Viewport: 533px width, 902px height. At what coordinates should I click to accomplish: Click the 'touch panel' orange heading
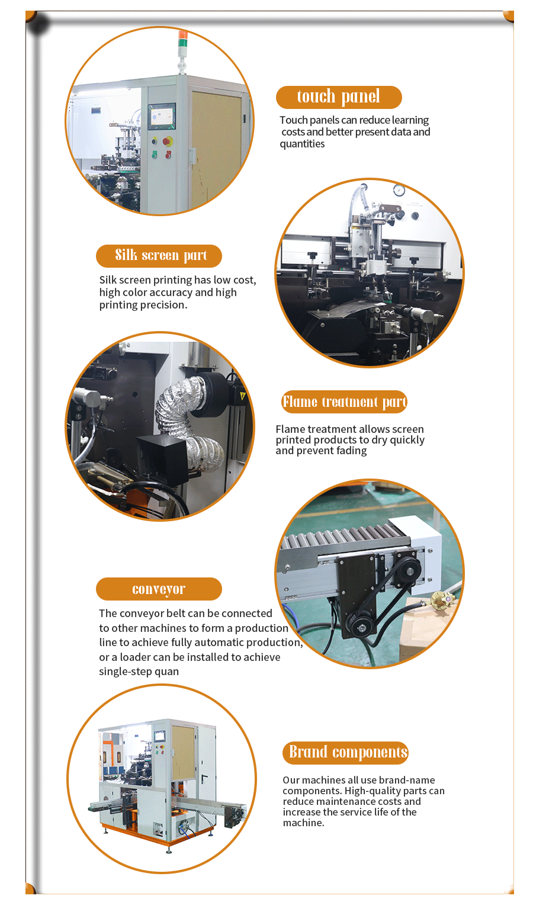[x=339, y=97]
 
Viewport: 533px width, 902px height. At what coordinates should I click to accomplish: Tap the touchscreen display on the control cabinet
[x=162, y=116]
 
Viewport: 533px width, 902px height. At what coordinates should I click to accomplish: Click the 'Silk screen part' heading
[x=159, y=256]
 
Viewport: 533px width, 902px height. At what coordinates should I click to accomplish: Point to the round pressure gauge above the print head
[x=399, y=190]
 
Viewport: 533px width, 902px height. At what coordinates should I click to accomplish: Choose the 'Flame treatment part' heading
[x=345, y=402]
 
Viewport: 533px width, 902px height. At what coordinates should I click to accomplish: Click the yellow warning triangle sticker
[x=242, y=396]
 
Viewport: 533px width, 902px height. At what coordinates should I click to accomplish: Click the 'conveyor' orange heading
[x=159, y=589]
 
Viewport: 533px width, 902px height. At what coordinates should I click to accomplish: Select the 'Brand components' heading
[x=345, y=752]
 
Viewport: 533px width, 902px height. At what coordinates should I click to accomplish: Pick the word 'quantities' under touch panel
[x=302, y=144]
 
